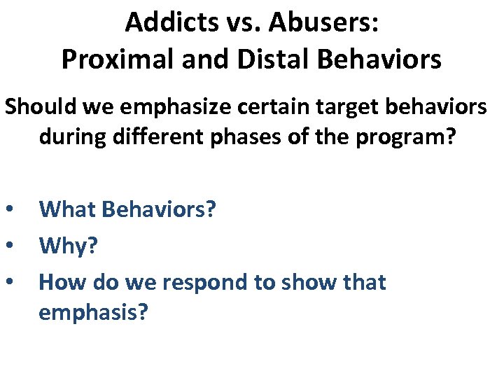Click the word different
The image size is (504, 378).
pos(163,136)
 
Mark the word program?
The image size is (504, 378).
pos(414,136)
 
